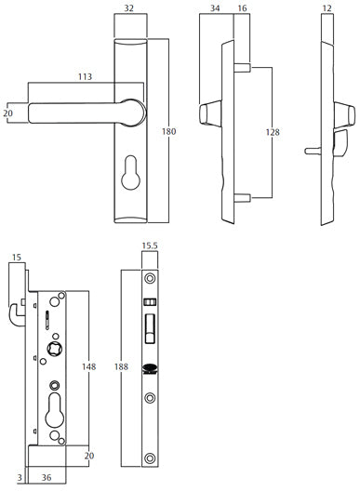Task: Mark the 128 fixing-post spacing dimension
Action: coord(272,133)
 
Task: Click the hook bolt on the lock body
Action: coord(18,314)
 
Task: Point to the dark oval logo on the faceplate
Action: coord(149,368)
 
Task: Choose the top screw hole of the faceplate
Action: coord(149,280)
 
